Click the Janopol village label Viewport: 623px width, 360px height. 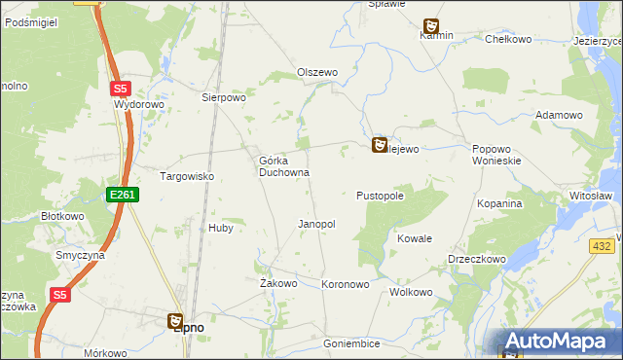[x=316, y=224]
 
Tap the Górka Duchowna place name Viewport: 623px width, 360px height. [x=284, y=166]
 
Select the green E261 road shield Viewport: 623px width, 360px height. [x=124, y=195]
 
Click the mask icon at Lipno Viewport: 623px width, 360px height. [x=175, y=321]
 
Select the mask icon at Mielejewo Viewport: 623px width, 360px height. [x=379, y=145]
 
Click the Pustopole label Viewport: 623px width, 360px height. [x=380, y=196]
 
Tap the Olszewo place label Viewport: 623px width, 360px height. [x=316, y=72]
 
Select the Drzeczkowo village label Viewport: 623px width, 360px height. [x=476, y=259]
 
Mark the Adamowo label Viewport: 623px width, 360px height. [x=559, y=115]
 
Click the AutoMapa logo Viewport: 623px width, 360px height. [x=558, y=342]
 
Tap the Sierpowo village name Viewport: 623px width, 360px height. [x=225, y=97]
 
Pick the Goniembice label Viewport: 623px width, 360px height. [x=351, y=343]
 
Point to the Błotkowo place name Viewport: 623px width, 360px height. [x=62, y=216]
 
